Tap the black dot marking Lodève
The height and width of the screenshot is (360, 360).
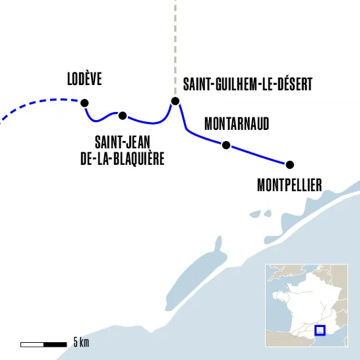click(x=84, y=102)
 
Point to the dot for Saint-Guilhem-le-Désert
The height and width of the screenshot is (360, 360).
click(x=175, y=101)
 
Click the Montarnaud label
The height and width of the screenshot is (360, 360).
click(x=237, y=123)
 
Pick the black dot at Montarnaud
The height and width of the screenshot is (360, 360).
click(x=226, y=145)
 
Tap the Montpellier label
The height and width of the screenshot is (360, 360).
click(x=289, y=185)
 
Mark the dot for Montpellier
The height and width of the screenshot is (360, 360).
click(x=289, y=164)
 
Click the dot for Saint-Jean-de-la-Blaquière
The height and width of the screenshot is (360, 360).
click(x=122, y=115)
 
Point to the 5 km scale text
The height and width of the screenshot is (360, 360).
click(x=80, y=342)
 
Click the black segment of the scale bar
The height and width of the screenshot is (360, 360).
click(x=55, y=344)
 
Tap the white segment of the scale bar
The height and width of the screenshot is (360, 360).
click(x=32, y=344)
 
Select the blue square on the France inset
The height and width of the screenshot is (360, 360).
click(x=320, y=330)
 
